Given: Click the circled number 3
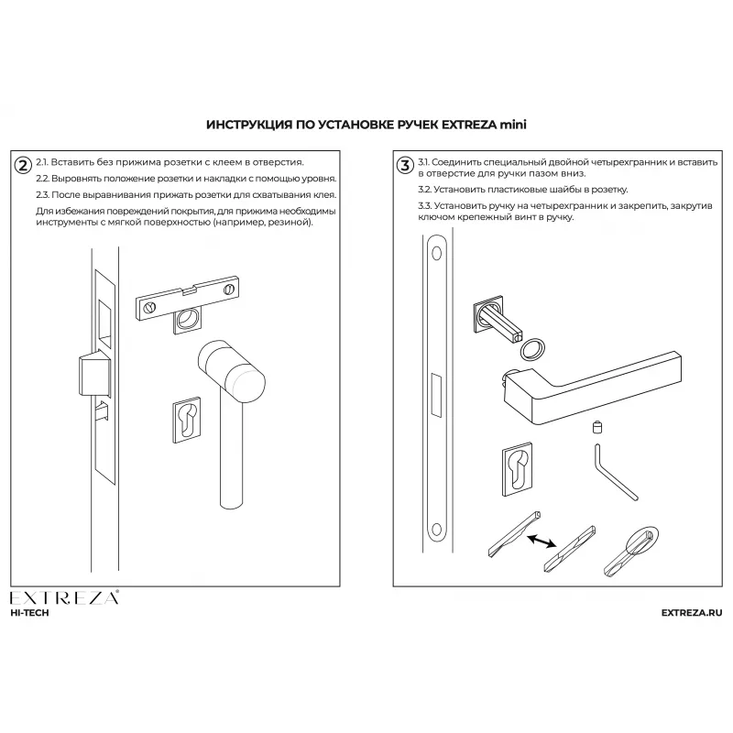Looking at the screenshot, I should [404, 165].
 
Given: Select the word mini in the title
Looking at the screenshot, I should [514, 123].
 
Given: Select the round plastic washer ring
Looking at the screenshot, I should [531, 348].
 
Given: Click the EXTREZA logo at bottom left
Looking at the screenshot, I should [64, 599].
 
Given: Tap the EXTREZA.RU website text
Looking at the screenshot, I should [691, 613].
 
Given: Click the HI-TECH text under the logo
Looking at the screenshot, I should [29, 613].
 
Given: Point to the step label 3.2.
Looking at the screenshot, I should [425, 190].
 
